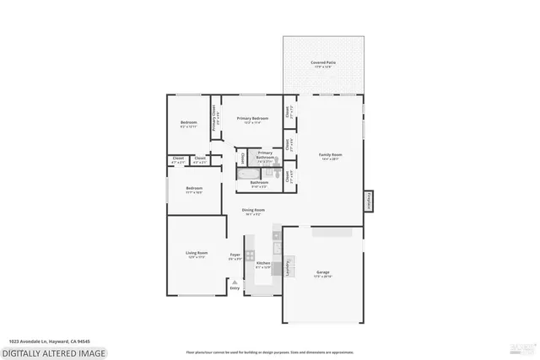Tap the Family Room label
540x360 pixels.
330,156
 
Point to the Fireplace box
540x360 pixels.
369,201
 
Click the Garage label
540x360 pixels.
322,274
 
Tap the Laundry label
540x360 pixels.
289,268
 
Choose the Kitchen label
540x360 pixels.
263,265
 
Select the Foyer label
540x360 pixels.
235,256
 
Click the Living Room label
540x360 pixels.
196,255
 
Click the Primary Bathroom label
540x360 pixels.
265,154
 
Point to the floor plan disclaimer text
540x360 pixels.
269,351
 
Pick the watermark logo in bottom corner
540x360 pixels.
523,348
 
